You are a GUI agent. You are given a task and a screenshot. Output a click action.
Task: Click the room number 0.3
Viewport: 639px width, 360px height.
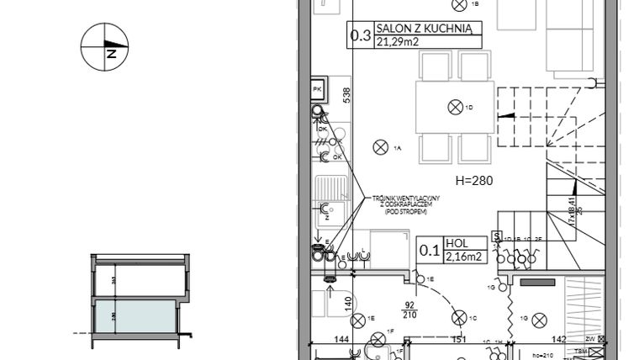tap(361, 35)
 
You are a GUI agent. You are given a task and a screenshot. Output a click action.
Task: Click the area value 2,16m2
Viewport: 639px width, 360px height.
tap(463, 256)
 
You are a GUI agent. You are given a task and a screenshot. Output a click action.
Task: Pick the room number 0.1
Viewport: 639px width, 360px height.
tap(429, 250)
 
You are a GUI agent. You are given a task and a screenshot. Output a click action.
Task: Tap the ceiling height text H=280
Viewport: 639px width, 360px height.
tap(473, 180)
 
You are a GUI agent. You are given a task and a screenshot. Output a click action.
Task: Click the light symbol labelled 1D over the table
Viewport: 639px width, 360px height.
tap(456, 106)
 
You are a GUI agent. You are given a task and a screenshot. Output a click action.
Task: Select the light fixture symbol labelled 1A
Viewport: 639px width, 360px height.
tap(379, 147)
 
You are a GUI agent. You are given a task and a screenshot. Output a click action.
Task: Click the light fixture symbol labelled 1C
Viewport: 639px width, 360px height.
tap(457, 318)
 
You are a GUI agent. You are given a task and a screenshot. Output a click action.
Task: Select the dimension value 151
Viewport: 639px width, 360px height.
tap(459, 340)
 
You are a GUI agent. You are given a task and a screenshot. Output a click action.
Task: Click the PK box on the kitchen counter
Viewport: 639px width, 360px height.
tap(318, 87)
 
